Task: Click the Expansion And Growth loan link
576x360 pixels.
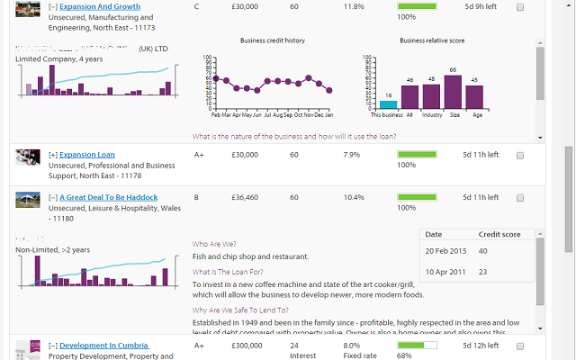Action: [100, 6]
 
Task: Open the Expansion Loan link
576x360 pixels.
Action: [87, 155]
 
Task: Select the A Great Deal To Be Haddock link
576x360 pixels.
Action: [109, 197]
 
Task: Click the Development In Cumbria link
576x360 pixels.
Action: [104, 345]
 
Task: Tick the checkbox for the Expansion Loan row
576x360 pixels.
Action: [520, 156]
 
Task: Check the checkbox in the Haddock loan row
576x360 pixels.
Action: [520, 198]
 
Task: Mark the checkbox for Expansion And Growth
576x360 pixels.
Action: [520, 7]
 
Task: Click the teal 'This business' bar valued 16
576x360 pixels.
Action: [388, 104]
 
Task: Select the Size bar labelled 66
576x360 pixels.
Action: [453, 92]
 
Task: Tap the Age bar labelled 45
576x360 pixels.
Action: [474, 98]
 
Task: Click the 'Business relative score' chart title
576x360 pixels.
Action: [431, 40]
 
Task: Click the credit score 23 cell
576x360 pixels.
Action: [483, 272]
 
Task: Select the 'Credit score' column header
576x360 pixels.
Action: [499, 234]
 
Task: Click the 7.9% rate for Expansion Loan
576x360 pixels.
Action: [354, 155]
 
